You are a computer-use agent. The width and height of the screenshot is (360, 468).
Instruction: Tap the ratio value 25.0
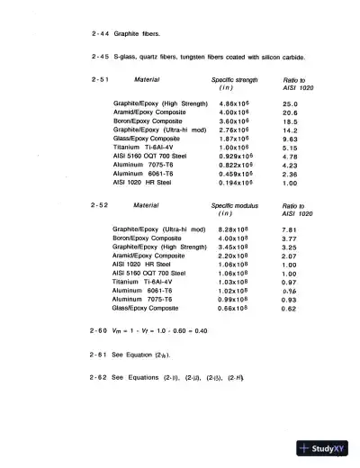290,104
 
